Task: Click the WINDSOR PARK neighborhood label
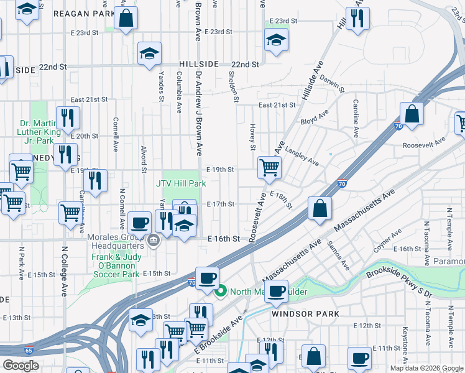(x=305, y=314)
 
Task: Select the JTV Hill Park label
(x=181, y=184)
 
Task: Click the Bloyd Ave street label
(x=315, y=118)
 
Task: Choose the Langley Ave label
(x=303, y=159)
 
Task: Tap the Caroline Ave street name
(x=356, y=119)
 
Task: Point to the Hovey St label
(x=253, y=137)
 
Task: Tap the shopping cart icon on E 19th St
(x=269, y=167)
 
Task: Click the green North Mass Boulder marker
(x=220, y=291)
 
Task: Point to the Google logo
(x=21, y=366)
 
